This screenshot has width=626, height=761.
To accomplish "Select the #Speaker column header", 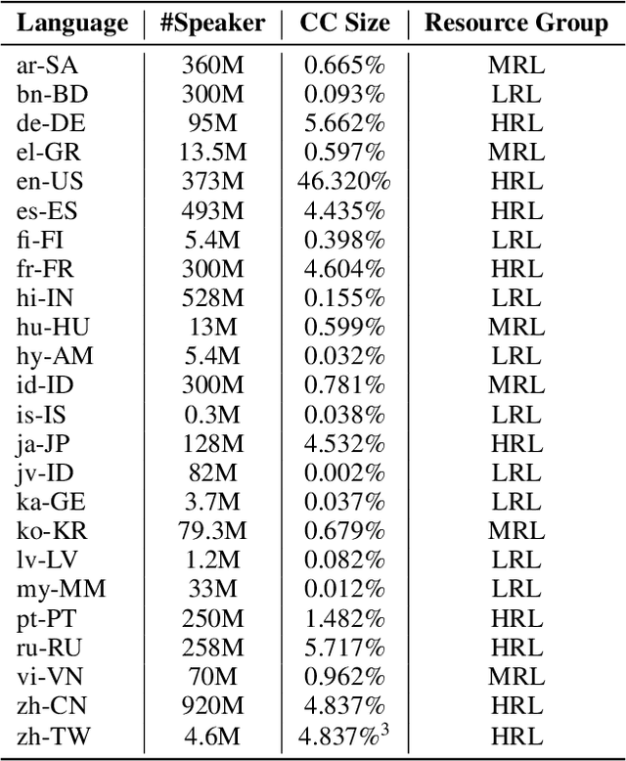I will point(213,22).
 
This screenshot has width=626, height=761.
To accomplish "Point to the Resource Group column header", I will point(515,22).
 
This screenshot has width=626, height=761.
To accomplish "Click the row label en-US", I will point(52,180).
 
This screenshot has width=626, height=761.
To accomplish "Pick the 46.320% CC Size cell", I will point(344,180).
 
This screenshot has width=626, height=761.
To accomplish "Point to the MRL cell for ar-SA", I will point(515,66).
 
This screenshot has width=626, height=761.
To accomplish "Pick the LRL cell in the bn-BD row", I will point(515,94).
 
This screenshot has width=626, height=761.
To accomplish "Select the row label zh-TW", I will point(53,731).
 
